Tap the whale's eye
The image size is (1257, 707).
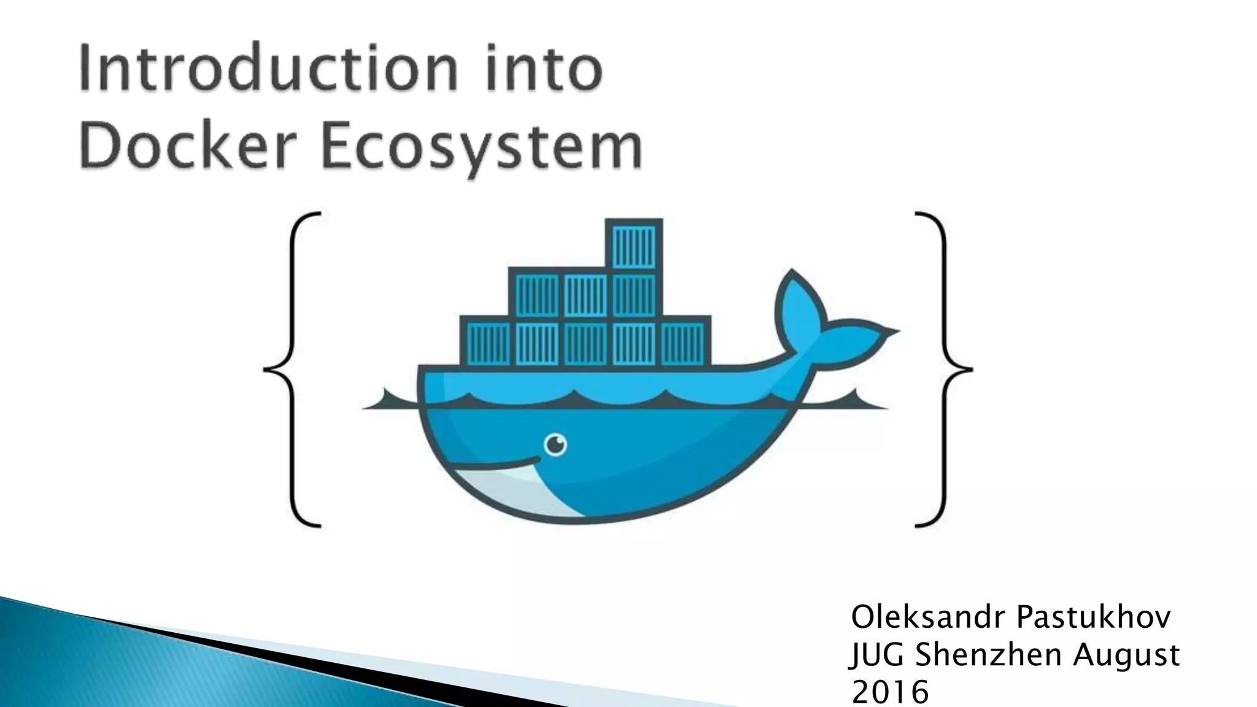555,444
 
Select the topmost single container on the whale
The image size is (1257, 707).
633,245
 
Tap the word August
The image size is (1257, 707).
1126,655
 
